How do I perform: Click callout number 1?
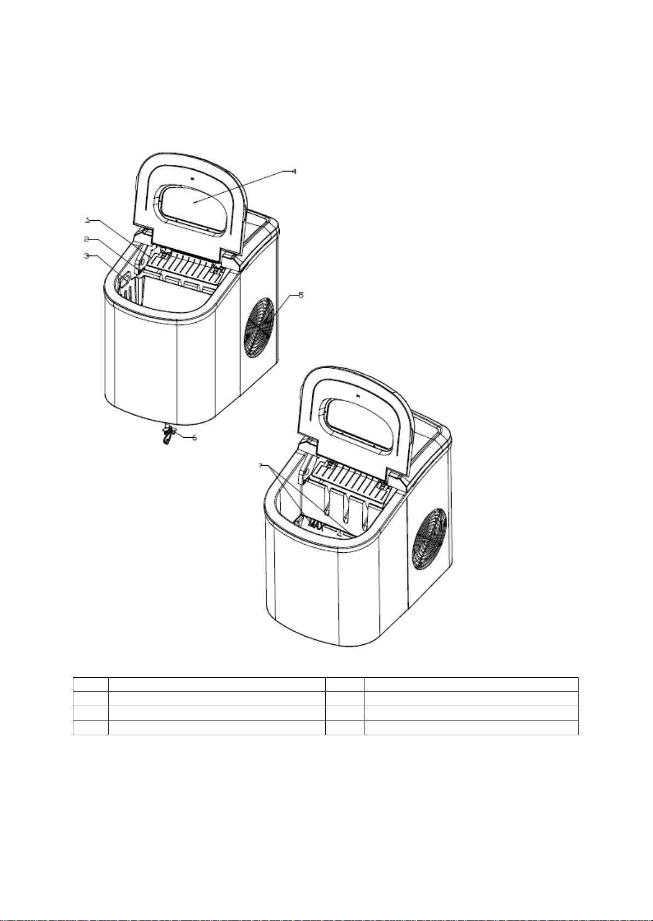(x=88, y=220)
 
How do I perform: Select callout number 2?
(x=86, y=239)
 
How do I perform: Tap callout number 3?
(x=86, y=256)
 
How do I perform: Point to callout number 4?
(x=293, y=171)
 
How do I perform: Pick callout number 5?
(x=301, y=295)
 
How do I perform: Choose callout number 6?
(x=195, y=437)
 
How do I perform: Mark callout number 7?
(x=260, y=466)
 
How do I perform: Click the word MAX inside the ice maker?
(x=316, y=525)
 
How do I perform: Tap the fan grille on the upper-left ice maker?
(x=259, y=328)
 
